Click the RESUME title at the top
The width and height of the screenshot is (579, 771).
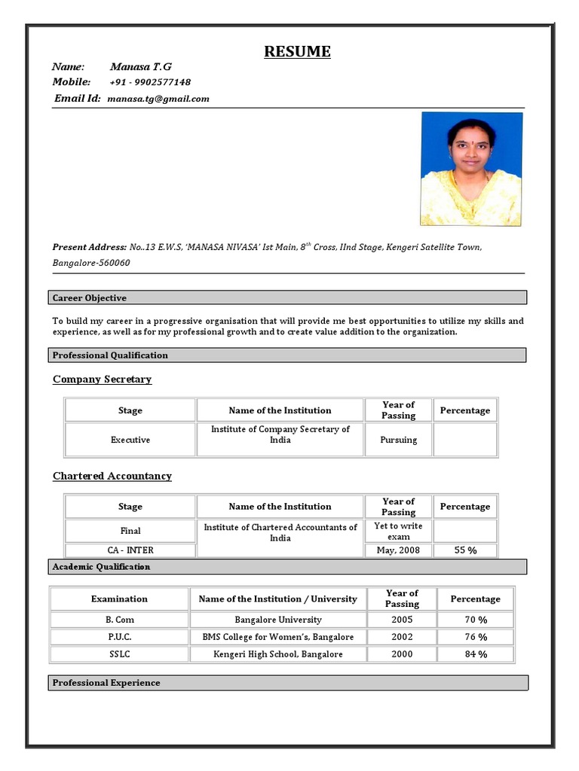click(297, 52)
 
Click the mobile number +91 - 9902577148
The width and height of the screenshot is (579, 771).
click(150, 82)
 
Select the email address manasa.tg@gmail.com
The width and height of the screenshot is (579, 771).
click(158, 99)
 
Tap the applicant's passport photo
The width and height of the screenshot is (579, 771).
click(471, 169)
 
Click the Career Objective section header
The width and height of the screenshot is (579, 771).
click(89, 298)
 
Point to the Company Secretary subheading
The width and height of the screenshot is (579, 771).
click(102, 379)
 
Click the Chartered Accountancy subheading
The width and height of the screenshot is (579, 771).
click(112, 476)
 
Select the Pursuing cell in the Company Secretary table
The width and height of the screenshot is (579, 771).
click(398, 440)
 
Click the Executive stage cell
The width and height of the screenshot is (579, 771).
click(130, 440)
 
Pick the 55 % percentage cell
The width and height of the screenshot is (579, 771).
click(465, 550)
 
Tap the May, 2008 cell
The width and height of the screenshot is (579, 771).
click(398, 550)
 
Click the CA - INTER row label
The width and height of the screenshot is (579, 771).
click(130, 550)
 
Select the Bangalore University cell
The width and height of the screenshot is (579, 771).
click(278, 620)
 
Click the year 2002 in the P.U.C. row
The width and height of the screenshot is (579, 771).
click(402, 637)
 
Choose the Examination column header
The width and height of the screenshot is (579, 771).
click(119, 599)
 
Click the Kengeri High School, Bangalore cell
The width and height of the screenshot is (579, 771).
click(278, 654)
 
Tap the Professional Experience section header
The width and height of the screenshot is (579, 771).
click(106, 683)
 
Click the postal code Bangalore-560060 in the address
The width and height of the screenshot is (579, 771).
click(91, 263)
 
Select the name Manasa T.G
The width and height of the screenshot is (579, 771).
click(141, 66)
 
